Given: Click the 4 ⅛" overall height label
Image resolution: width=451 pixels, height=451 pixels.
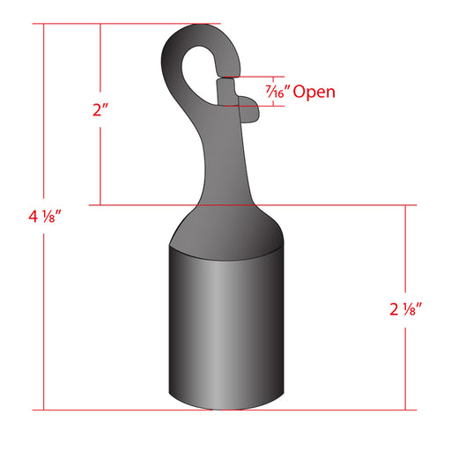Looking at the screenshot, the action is point(44,217).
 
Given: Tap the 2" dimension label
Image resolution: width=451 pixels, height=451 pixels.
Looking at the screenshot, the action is point(100,110).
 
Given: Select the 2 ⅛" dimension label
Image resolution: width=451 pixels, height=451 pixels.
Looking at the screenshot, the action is point(405,309).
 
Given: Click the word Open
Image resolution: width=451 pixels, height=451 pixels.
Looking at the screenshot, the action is point(314,92).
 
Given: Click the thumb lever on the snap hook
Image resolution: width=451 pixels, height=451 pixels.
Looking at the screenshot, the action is point(249,109).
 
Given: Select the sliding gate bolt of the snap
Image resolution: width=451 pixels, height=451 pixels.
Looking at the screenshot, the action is point(226,92).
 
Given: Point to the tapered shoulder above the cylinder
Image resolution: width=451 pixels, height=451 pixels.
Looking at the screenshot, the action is point(226,232).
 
